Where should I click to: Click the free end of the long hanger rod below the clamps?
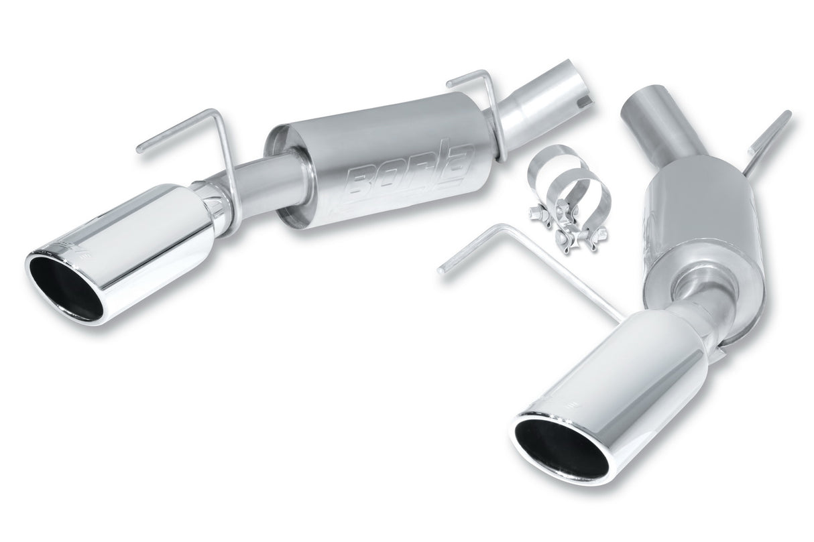[x=443, y=269]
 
